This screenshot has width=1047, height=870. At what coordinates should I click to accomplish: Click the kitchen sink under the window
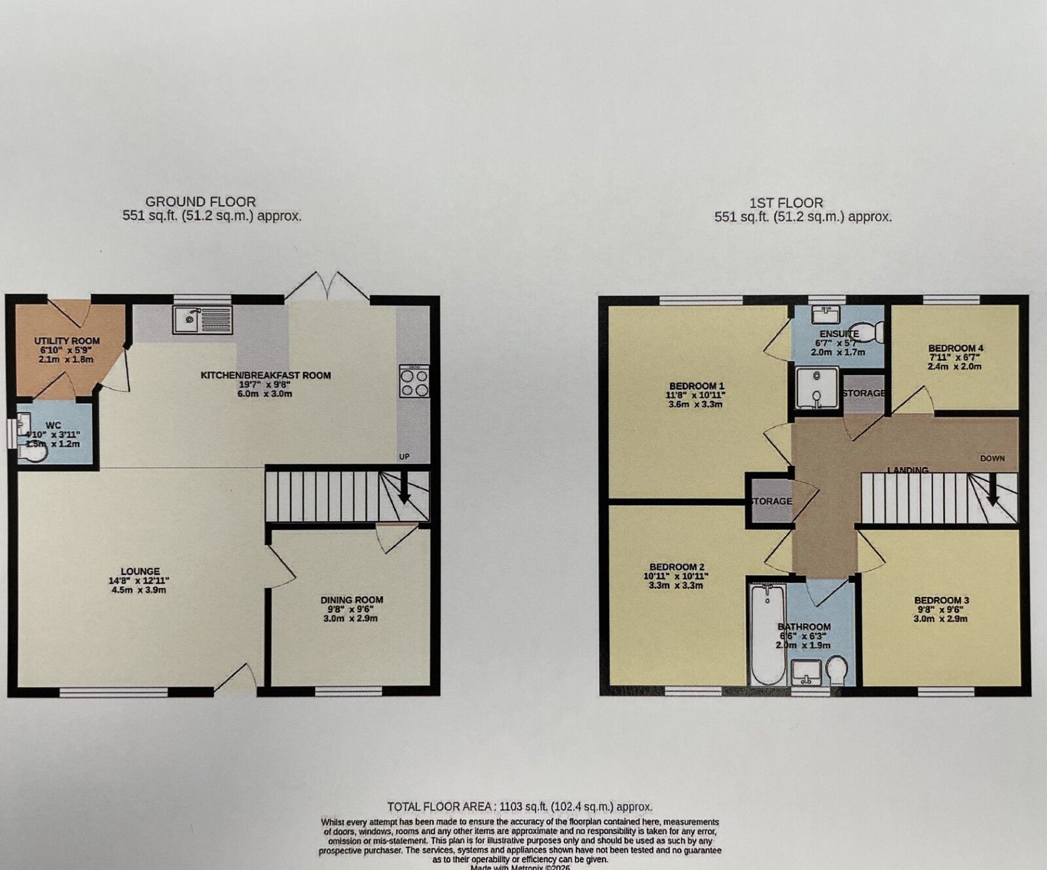tap(202, 320)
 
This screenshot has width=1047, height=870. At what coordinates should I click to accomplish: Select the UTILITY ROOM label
tap(67, 341)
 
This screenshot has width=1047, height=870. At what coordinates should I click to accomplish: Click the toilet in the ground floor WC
tap(33, 452)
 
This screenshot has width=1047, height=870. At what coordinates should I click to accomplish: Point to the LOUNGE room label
tap(140, 572)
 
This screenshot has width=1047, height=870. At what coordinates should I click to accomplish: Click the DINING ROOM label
tap(352, 599)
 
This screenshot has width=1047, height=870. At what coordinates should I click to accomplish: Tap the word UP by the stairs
tap(404, 457)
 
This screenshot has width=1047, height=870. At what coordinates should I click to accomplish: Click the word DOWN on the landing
tap(992, 459)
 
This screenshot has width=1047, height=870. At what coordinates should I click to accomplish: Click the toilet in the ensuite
tap(866, 333)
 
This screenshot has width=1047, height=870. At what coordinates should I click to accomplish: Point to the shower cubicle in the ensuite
tap(817, 388)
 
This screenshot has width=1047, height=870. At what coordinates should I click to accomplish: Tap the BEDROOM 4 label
tap(955, 348)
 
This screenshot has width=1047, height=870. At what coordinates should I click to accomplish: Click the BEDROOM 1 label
tap(696, 386)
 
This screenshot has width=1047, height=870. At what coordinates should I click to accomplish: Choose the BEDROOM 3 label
tap(941, 600)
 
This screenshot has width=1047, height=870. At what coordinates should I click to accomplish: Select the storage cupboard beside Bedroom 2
tap(771, 501)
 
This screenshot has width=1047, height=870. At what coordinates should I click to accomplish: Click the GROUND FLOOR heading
tap(200, 202)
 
